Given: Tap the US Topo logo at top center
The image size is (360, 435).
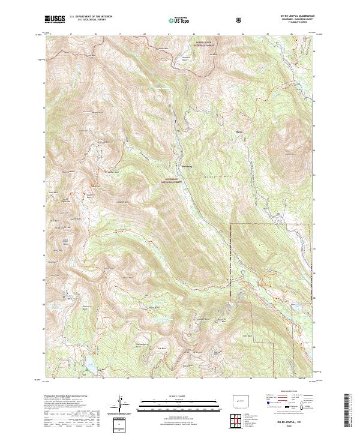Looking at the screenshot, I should tap(179, 20).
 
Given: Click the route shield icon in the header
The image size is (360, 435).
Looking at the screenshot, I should tap(239, 19).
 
